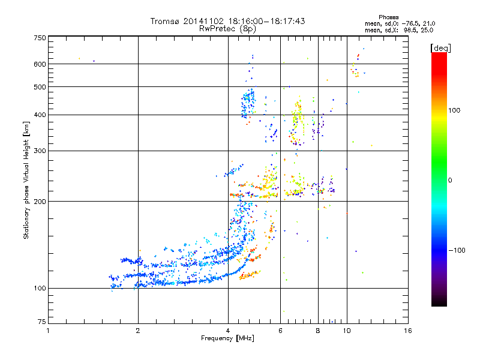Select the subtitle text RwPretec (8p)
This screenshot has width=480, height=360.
pos(227,28)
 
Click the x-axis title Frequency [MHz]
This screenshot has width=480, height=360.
pos(228,339)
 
